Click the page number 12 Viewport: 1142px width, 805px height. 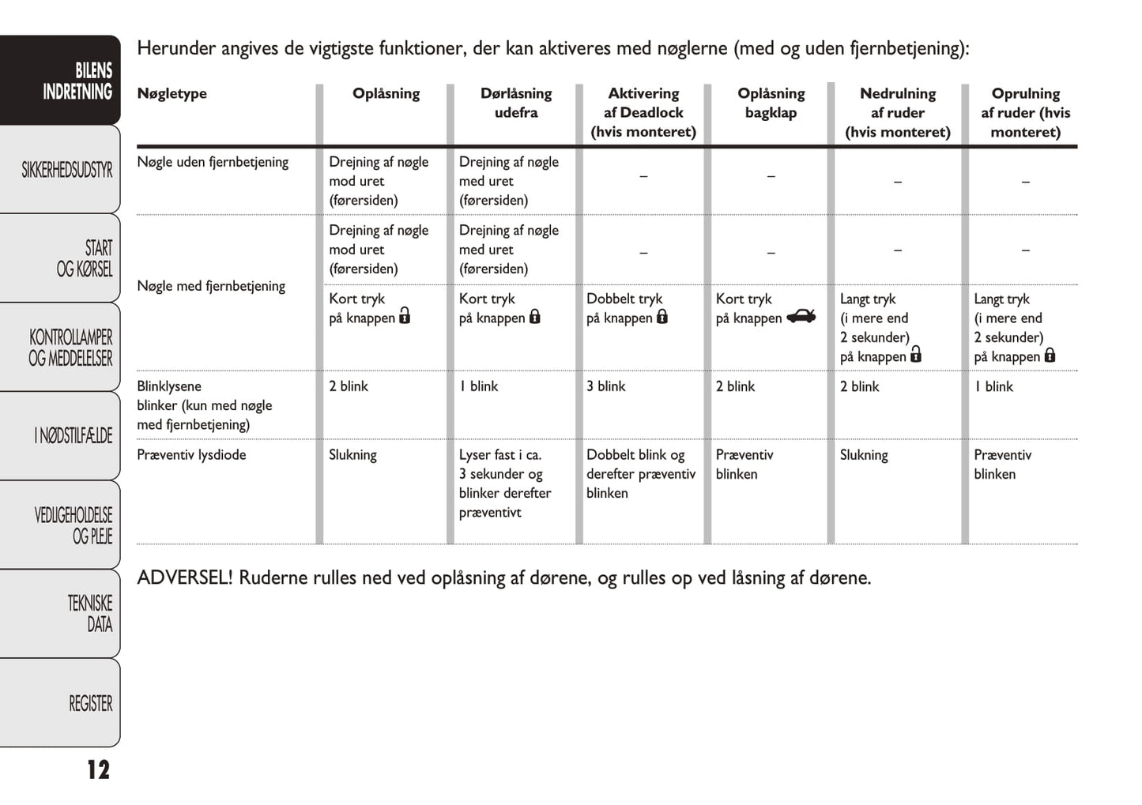point(98,769)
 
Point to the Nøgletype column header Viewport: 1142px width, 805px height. point(171,93)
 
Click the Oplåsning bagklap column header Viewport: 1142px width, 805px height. point(771,103)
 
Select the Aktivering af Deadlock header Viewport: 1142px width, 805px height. point(643,112)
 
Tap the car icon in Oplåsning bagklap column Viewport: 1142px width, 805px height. point(801,317)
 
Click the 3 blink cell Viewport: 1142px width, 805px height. point(605,386)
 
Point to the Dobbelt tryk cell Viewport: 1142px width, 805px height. point(624,299)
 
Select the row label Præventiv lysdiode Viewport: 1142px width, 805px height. point(191,455)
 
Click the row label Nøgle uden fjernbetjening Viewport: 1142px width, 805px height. point(213,162)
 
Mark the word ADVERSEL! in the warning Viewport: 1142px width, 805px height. point(184,577)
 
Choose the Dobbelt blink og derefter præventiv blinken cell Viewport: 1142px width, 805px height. point(640,474)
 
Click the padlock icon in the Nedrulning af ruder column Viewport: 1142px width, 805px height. point(916,355)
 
